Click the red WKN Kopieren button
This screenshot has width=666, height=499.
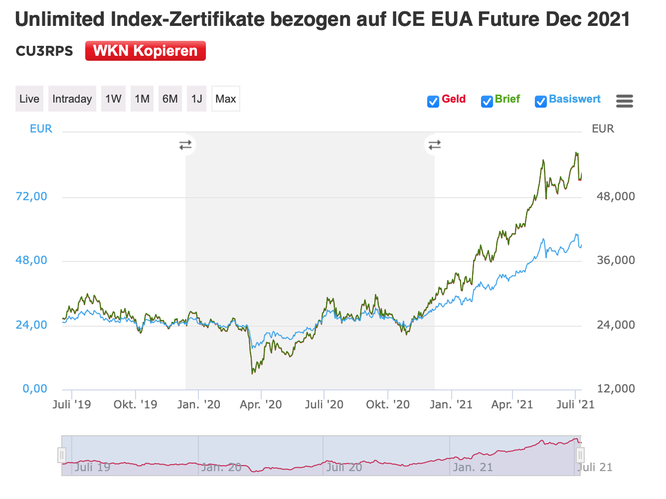145,51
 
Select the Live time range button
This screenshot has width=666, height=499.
29,99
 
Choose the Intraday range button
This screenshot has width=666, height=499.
72,99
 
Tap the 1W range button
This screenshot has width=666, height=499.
113,99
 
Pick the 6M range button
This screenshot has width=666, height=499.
170,99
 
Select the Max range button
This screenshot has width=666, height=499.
225,99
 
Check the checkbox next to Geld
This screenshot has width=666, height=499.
433,102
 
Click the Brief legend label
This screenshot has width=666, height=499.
507,99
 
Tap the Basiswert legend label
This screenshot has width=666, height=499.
575,99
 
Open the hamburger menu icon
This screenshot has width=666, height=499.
624,101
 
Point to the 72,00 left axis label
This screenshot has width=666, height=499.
31,196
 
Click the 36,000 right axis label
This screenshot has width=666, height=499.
616,260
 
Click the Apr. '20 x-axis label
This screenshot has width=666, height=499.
261,404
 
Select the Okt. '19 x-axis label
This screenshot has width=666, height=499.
135,404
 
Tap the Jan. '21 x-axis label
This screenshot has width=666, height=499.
451,404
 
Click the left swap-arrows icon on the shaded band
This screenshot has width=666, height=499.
185,145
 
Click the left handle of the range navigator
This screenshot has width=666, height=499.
62,455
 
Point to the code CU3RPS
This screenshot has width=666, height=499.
44,51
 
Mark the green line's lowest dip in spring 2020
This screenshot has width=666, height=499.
253,373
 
